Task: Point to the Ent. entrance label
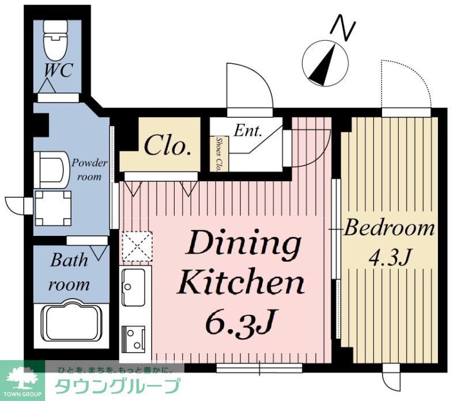pos(248,131)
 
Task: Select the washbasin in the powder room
pos(52,169)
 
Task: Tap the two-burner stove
pos(134,338)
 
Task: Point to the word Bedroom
pos(389,228)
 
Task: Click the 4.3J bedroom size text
pos(390,257)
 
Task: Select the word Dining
pos(243,245)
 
